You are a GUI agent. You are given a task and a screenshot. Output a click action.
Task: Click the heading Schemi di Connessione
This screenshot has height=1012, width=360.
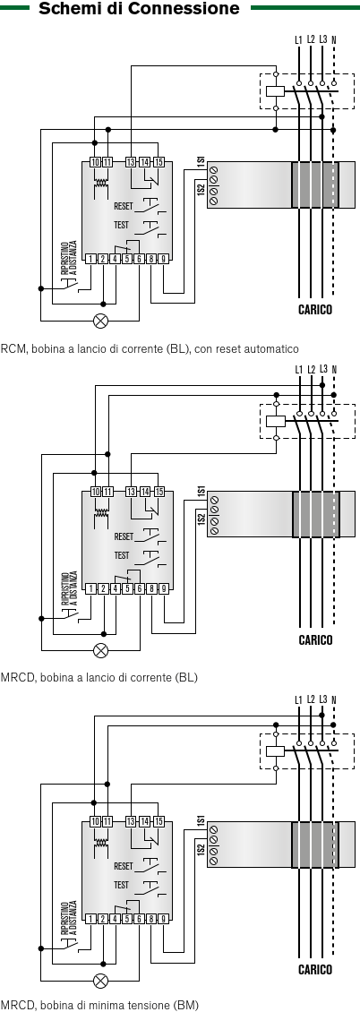139,8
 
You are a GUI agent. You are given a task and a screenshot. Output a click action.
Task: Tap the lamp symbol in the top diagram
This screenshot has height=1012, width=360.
100,320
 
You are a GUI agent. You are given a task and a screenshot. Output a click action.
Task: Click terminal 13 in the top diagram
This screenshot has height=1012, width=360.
131,162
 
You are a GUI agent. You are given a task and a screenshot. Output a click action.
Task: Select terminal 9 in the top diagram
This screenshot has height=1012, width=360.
164,259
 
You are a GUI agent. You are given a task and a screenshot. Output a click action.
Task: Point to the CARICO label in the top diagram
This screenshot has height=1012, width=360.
315,310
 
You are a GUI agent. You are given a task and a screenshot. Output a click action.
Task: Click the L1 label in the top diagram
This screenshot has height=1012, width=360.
298,40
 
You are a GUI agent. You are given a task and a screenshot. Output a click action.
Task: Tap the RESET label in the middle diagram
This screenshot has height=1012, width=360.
124,536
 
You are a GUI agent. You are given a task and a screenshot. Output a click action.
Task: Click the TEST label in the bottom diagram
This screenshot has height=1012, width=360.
121,885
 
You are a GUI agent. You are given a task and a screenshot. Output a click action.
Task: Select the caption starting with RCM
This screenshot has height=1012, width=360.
150,349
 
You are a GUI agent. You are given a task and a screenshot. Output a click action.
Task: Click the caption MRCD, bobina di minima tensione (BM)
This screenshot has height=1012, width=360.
100,1005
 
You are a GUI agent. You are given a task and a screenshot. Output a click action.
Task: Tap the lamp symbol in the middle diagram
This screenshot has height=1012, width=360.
100,650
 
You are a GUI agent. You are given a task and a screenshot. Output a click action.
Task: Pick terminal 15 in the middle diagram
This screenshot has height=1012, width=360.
159,492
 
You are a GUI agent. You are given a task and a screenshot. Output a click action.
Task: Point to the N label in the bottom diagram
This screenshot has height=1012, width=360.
334,699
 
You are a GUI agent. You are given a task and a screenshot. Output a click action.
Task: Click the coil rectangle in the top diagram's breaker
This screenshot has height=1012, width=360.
276,91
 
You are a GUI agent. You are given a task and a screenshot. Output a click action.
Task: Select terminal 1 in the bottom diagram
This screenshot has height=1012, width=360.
91,919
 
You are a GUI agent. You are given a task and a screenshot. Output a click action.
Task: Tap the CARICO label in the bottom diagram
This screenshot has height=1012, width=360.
315,969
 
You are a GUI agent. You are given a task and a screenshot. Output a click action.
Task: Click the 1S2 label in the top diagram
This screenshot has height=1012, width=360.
201,189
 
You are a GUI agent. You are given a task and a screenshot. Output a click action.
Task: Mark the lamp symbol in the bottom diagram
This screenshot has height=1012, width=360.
100,981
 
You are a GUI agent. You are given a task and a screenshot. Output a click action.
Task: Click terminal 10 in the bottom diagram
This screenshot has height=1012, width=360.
96,821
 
